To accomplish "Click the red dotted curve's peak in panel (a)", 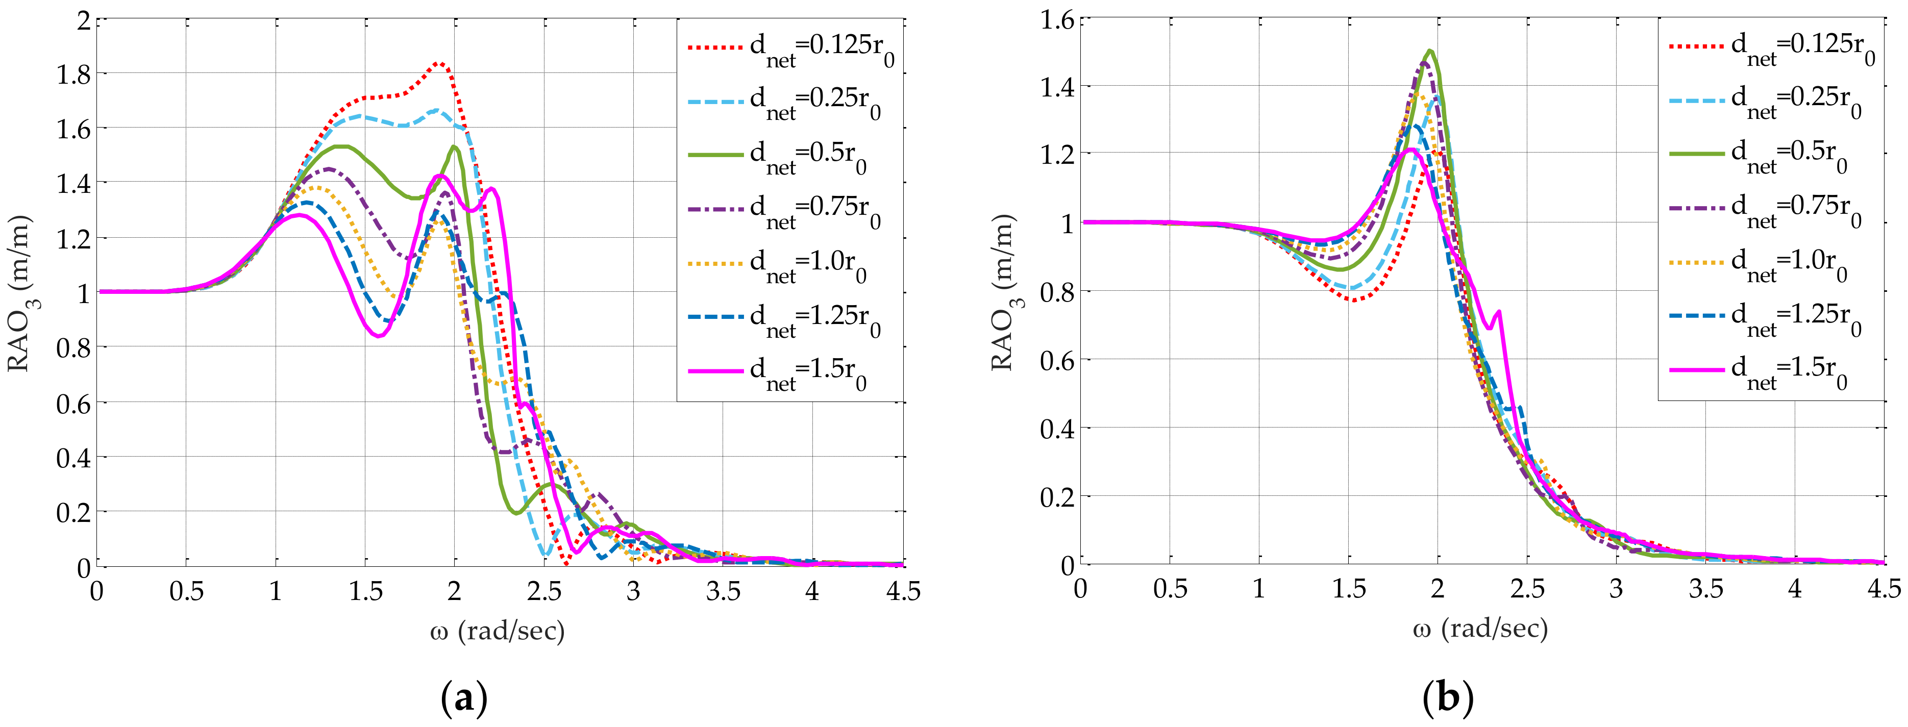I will coord(438,64).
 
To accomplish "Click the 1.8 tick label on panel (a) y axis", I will coord(73,74).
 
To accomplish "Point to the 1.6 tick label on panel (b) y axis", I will coord(1057,20).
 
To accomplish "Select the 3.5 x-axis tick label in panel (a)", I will coord(723,591).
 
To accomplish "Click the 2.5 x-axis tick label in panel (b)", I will coord(1527,589).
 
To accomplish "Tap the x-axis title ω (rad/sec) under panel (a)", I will coord(498,631).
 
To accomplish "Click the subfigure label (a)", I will coord(464,698).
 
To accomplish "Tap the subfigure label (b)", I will coord(1448,698).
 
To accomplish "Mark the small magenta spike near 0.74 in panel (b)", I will coord(1499,312).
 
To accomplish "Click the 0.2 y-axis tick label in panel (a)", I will coord(73,512).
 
